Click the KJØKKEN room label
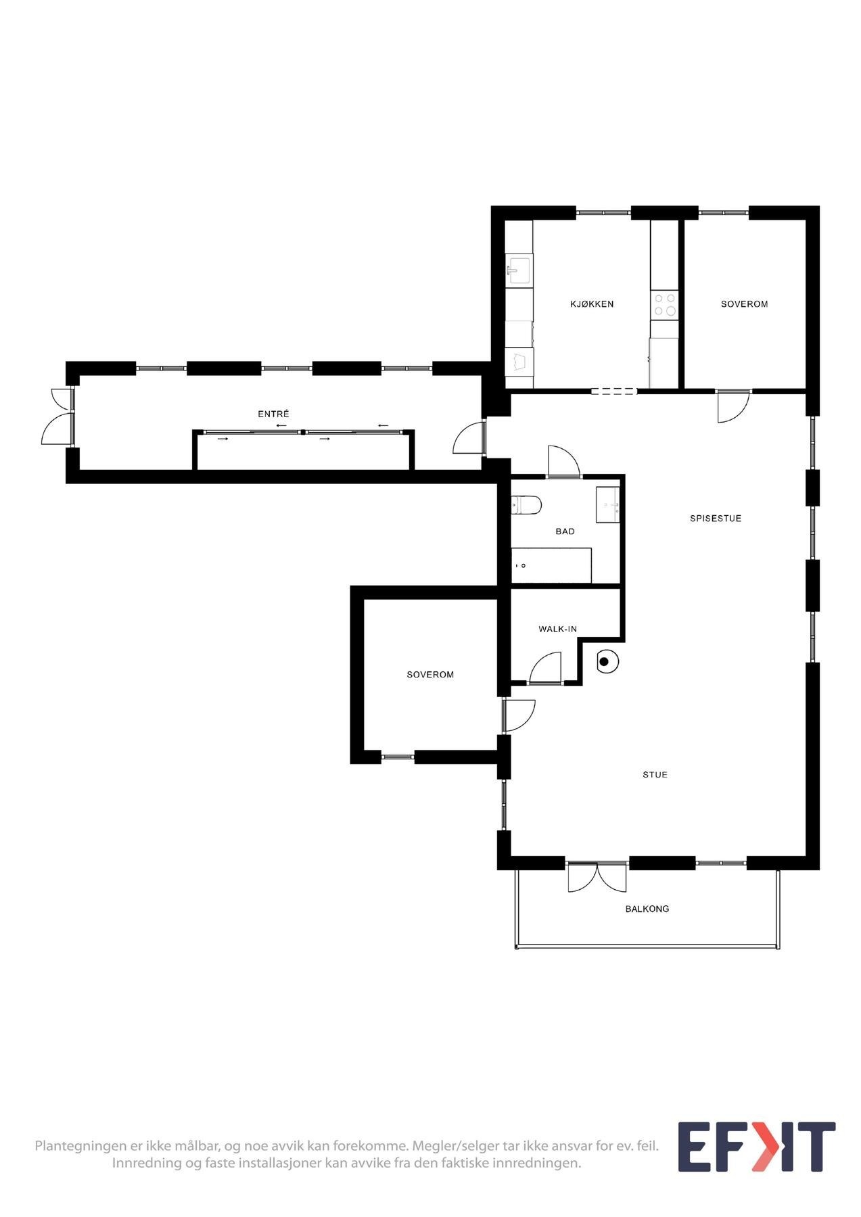point(592,304)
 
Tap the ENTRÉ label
point(273,414)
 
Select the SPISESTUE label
point(716,519)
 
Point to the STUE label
point(655,775)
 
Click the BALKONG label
point(647,909)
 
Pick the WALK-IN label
point(557,629)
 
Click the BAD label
point(565,531)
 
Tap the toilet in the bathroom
point(526,504)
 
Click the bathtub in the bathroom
point(551,565)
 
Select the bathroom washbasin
point(607,504)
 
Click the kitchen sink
point(519,270)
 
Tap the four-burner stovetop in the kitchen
point(664,305)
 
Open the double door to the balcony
point(597,877)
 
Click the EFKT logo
point(756,1147)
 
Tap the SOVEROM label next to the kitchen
point(744,304)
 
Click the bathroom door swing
point(563,463)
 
